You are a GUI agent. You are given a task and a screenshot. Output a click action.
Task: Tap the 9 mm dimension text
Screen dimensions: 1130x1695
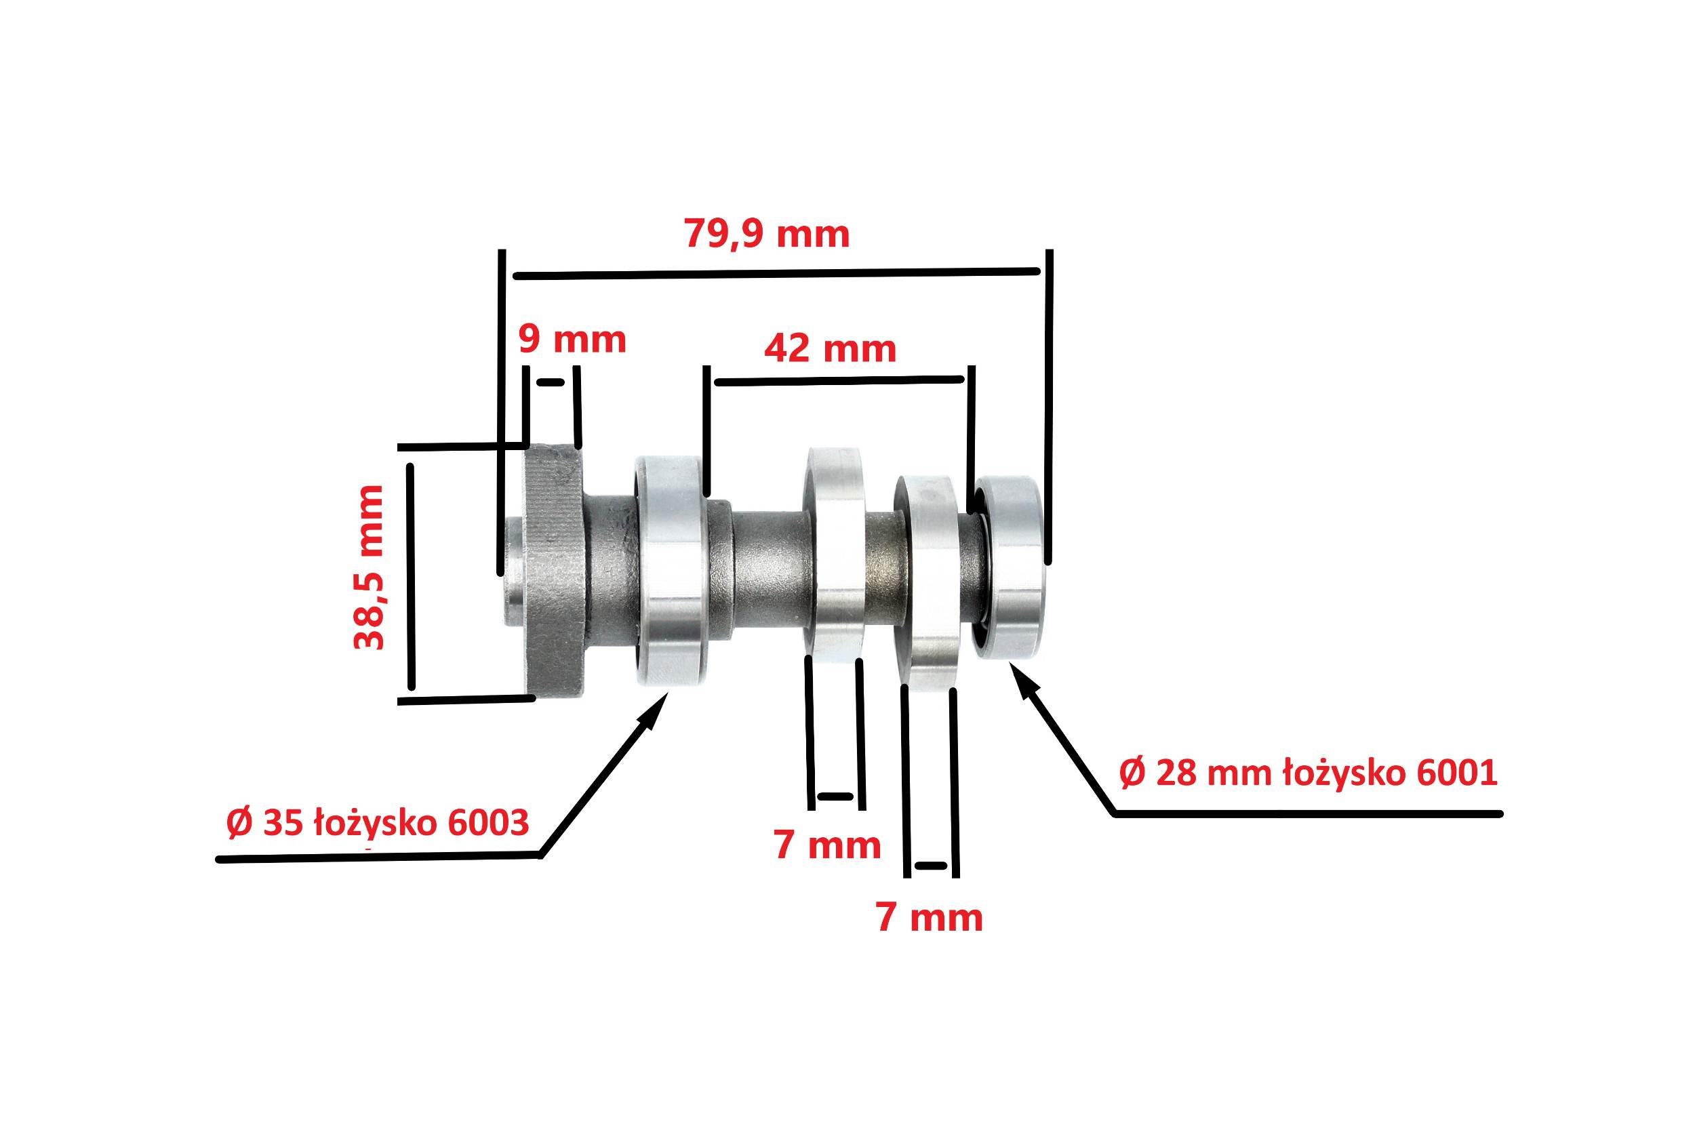(572, 340)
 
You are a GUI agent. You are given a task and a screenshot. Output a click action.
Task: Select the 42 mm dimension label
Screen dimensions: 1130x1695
(829, 349)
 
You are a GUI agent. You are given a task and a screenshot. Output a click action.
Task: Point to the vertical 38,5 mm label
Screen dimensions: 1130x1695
(369, 567)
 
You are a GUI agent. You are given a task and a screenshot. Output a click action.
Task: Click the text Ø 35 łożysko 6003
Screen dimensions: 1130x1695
(378, 823)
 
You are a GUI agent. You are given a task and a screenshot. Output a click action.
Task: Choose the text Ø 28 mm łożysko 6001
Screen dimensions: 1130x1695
(1308, 773)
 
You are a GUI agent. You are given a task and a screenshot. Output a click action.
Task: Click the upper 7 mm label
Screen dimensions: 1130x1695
(827, 845)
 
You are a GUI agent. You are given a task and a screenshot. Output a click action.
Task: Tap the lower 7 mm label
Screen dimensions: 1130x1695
(929, 918)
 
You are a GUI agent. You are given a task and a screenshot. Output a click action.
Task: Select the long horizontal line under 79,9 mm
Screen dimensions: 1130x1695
(775, 273)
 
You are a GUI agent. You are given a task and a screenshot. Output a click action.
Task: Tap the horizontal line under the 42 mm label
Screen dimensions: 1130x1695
(838, 380)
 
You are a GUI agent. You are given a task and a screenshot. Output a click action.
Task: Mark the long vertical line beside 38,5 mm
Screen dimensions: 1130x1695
(412, 577)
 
